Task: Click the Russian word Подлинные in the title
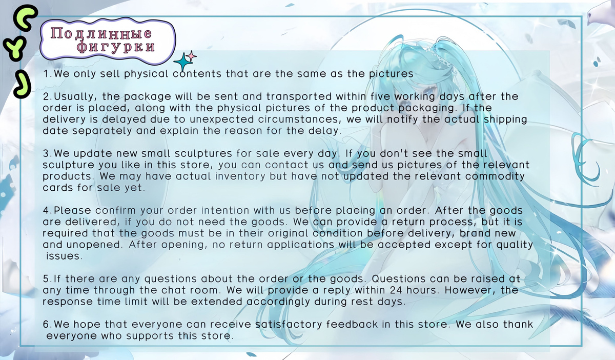[x=101, y=33]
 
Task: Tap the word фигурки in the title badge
[x=116, y=47]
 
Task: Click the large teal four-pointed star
[x=182, y=63]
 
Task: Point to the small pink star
[x=191, y=56]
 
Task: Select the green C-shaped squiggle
[x=26, y=17]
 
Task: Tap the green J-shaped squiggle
[x=23, y=84]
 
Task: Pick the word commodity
[x=495, y=176]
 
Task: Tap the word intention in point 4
[x=225, y=210]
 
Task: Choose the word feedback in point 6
[x=352, y=324]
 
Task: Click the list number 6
[x=46, y=325]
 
